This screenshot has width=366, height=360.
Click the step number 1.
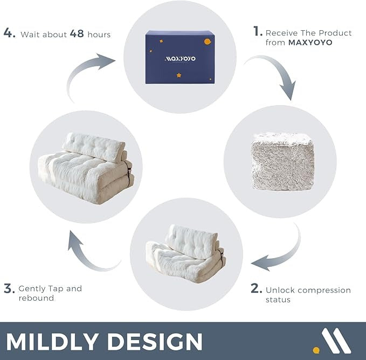258,32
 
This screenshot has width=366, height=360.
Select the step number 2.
257,289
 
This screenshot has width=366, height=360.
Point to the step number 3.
9,288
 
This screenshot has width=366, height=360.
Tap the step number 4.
9,33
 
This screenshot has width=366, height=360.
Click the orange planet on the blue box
206,40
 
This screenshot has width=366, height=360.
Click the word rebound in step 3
36,298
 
